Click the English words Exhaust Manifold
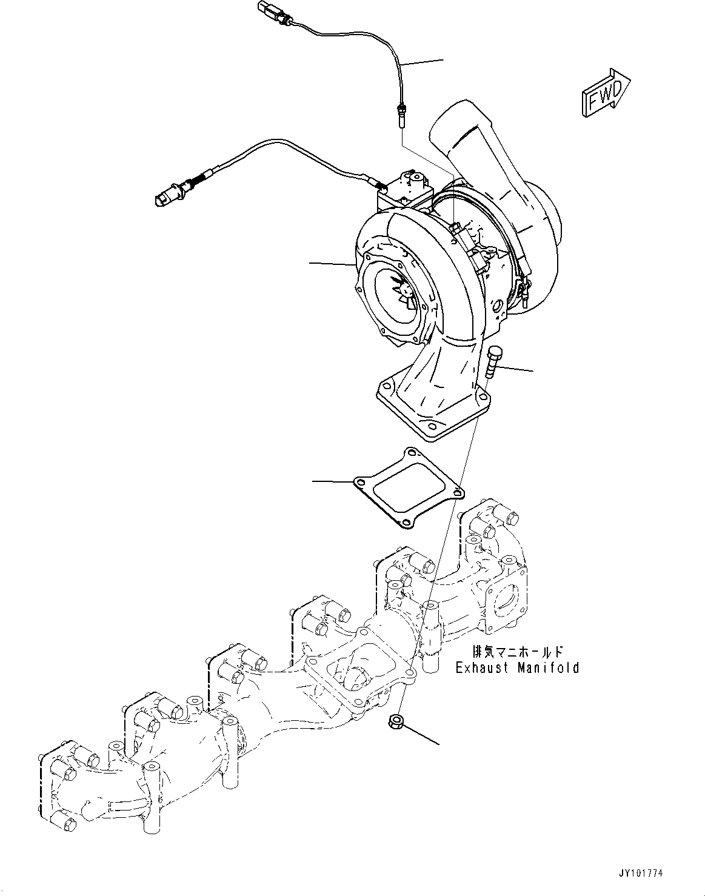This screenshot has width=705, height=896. pyautogui.click(x=517, y=668)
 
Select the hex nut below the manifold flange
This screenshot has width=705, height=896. pyautogui.click(x=395, y=722)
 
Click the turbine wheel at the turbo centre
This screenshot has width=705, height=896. pyautogui.click(x=401, y=290)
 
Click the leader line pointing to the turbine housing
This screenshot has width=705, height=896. pyautogui.click(x=332, y=264)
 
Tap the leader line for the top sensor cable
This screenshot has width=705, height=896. pyautogui.click(x=423, y=62)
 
